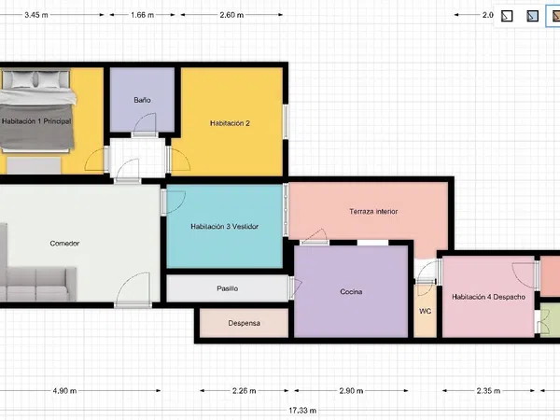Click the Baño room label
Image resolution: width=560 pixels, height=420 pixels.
pyautogui.click(x=142, y=100)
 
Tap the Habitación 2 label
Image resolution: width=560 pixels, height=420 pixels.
pyautogui.click(x=230, y=123)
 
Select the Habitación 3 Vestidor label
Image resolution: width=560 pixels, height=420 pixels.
pyautogui.click(x=224, y=227)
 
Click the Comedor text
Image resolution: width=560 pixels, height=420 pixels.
pyautogui.click(x=64, y=244)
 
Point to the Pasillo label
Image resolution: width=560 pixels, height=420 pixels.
pyautogui.click(x=227, y=288)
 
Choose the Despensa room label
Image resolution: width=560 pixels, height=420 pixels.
pyautogui.click(x=244, y=323)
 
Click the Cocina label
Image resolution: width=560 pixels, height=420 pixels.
pyautogui.click(x=351, y=292)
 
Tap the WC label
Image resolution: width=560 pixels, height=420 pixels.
pyautogui.click(x=425, y=311)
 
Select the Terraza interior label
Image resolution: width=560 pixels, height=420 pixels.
pyautogui.click(x=373, y=212)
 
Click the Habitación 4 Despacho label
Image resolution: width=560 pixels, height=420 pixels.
pyautogui.click(x=488, y=297)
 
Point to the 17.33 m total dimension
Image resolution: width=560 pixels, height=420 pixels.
pyautogui.click(x=302, y=411)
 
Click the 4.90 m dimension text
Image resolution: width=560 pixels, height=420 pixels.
pyautogui.click(x=64, y=391)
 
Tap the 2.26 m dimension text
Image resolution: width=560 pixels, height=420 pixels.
pyautogui.click(x=244, y=391)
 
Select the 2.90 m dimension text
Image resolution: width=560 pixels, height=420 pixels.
pyautogui.click(x=351, y=391)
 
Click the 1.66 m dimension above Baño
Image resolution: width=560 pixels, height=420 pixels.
pyautogui.click(x=142, y=15)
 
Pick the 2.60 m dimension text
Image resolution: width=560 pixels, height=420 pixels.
pyautogui.click(x=231, y=15)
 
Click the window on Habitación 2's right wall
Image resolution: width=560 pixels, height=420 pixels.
pyautogui.click(x=286, y=121)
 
